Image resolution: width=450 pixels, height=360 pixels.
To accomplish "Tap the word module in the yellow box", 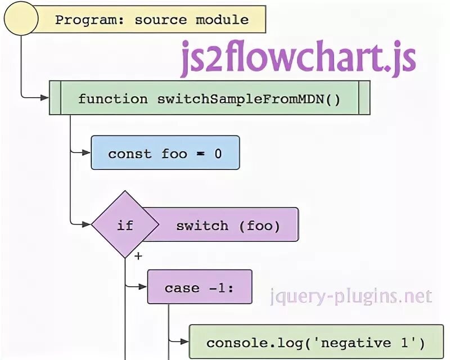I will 222,20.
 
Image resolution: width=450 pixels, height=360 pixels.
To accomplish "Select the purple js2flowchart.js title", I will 298,60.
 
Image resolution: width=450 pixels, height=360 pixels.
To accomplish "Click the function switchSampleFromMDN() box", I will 209,99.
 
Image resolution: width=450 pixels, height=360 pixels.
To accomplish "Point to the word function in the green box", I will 105,99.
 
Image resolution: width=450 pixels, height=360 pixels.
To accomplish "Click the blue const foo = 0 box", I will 165,153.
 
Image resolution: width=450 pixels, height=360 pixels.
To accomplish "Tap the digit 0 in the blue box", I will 218,154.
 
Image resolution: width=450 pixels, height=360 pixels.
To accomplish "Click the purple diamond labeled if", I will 125,225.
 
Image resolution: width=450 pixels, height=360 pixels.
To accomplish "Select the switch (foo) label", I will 228,226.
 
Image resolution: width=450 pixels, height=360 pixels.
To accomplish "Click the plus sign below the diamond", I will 138,256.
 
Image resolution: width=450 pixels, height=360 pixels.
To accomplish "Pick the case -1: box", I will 199,288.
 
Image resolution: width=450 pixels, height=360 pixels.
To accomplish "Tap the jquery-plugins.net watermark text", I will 350,296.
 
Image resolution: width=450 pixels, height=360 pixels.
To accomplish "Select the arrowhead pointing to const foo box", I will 87,152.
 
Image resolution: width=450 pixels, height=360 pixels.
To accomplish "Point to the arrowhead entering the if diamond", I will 87,225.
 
